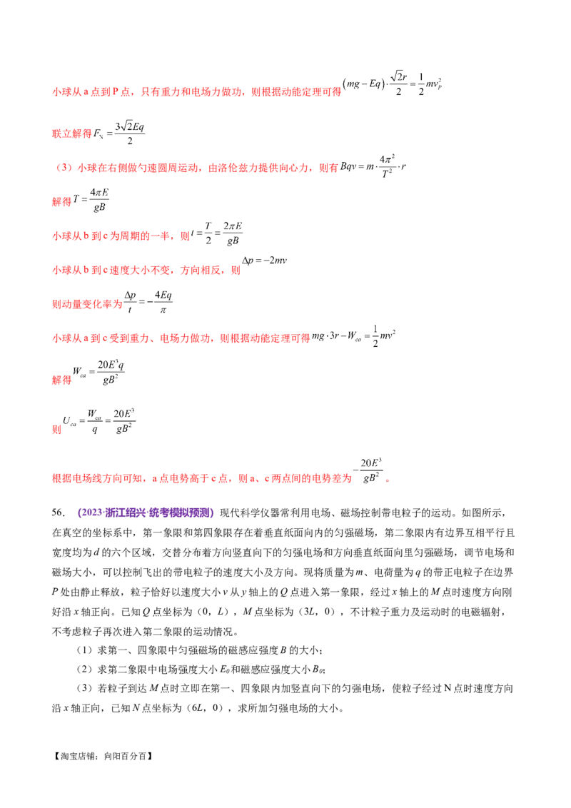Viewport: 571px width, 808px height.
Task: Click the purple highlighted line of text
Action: [x=146, y=512]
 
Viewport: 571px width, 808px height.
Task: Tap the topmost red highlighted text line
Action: [x=196, y=91]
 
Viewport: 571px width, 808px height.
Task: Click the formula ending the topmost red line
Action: [x=394, y=84]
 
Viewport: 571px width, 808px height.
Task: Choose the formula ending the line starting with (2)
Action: [x=373, y=166]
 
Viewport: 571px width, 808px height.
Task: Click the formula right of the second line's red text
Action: [x=121, y=131]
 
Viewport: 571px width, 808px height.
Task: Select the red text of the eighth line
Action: [x=181, y=338]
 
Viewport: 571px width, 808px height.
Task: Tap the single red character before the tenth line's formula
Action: [x=56, y=430]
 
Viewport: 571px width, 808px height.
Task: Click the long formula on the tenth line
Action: [x=98, y=421]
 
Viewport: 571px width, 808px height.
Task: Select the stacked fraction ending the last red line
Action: [x=371, y=471]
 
